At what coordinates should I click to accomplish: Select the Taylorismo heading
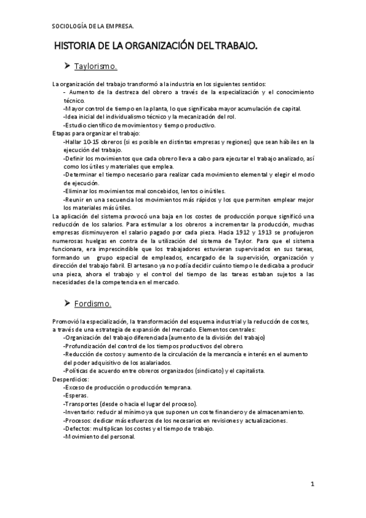(96, 66)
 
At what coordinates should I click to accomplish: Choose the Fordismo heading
(92, 304)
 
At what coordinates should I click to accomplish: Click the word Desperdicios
(71, 379)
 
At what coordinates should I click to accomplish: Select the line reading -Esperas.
(76, 395)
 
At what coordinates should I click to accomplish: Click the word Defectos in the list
(78, 428)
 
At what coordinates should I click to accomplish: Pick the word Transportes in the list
(82, 404)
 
